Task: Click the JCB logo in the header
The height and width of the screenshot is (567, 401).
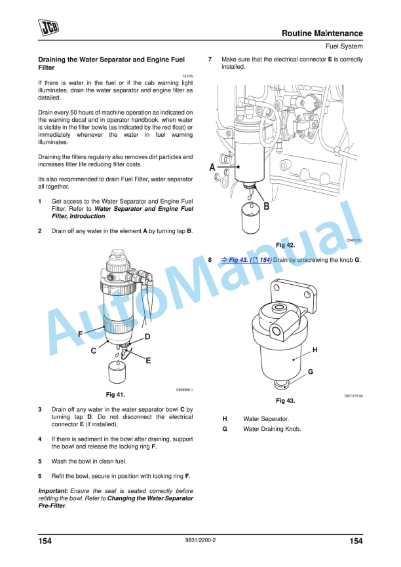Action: (x=48, y=27)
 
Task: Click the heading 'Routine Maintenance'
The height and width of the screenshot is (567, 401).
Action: (x=322, y=33)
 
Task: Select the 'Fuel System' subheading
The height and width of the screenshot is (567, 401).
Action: (x=343, y=46)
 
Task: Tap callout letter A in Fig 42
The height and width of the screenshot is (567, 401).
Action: (x=212, y=168)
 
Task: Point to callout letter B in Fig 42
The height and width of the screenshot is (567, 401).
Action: (x=266, y=206)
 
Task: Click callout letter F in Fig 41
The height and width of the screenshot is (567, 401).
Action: (x=80, y=334)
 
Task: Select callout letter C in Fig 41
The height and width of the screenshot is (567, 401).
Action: (x=94, y=351)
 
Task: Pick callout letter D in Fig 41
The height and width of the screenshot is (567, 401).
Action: (x=147, y=337)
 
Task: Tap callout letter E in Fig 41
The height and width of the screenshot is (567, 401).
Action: (x=148, y=360)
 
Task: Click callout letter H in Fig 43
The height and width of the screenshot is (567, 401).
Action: (x=315, y=350)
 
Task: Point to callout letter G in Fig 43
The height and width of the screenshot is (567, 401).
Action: (x=310, y=371)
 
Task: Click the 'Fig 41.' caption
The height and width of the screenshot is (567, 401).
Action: (x=115, y=395)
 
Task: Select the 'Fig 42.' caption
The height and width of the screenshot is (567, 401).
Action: (x=285, y=244)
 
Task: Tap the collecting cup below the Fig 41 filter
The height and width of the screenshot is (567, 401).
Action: (x=118, y=375)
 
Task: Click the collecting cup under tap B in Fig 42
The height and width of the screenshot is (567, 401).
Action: (x=251, y=221)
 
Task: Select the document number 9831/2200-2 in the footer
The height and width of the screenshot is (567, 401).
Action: (x=200, y=541)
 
